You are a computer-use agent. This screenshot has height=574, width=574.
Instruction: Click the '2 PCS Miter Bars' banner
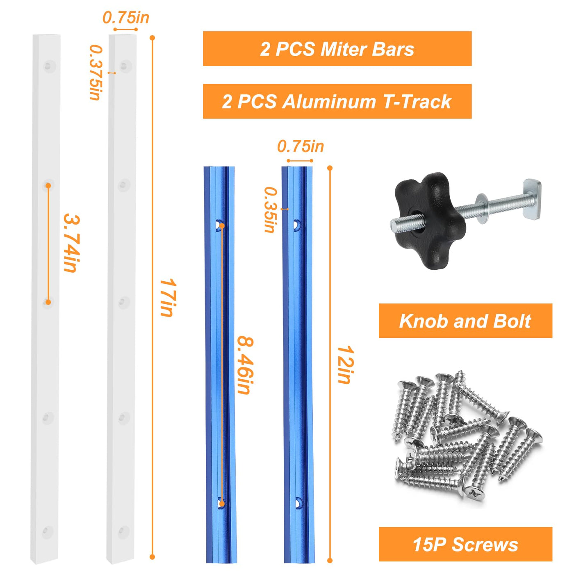pyautogui.click(x=337, y=48)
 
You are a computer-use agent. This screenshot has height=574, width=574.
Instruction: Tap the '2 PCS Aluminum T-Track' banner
pyautogui.click(x=337, y=101)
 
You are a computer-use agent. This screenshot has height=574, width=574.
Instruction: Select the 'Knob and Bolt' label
pyautogui.click(x=465, y=321)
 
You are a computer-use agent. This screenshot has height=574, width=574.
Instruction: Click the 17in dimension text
pyautogui.click(x=168, y=298)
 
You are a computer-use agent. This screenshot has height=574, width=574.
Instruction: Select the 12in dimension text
pyautogui.click(x=345, y=364)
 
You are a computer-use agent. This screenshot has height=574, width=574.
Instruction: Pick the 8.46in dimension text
pyautogui.click(x=245, y=365)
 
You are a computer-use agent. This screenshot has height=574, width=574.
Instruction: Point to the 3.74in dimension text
pyautogui.click(x=72, y=243)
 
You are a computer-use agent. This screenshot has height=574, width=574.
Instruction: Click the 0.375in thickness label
pyautogui.click(x=96, y=72)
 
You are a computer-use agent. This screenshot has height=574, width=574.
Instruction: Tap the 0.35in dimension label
pyautogui.click(x=271, y=210)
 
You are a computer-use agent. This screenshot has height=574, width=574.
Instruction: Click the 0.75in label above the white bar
pyautogui.click(x=126, y=18)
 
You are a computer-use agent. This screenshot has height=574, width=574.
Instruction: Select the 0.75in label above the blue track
pyautogui.click(x=300, y=146)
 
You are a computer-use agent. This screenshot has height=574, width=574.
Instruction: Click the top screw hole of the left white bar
pyautogui.click(x=48, y=66)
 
